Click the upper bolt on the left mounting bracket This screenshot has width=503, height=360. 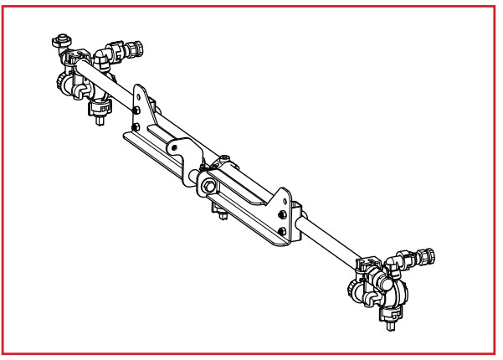(136, 113)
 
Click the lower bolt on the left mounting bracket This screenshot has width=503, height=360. (136, 127)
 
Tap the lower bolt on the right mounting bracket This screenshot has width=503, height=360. (284, 228)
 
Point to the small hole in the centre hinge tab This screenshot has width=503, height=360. (176, 148)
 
